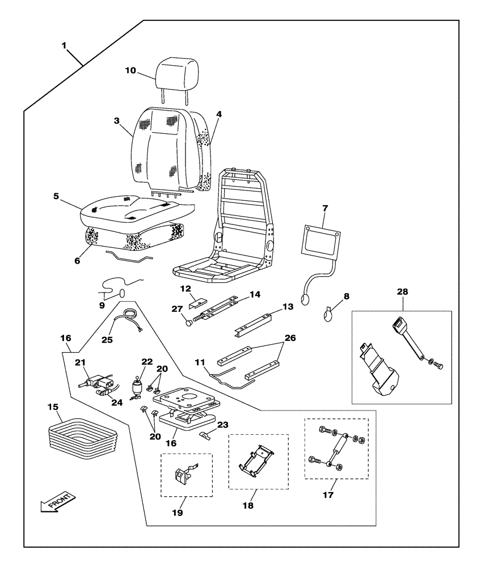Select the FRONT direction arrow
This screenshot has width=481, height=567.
[x=57, y=503]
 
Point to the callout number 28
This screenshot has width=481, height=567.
[x=402, y=291]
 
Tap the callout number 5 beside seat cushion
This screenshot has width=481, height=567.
[x=56, y=196]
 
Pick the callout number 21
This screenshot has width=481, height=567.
[x=80, y=362]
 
